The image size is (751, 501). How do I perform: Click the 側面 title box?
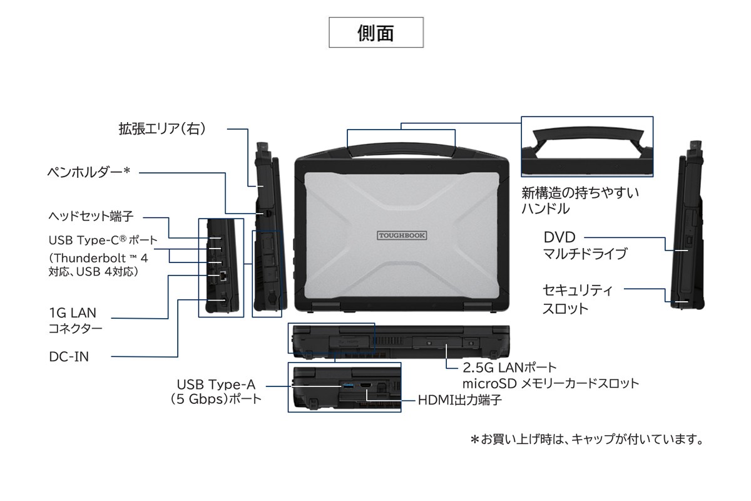pyautogui.click(x=376, y=33)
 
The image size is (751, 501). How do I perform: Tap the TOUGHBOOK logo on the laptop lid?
pyautogui.click(x=402, y=235)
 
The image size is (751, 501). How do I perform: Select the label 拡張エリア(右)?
pyautogui.click(x=162, y=128)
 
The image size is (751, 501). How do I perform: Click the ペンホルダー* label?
pyautogui.click(x=89, y=171)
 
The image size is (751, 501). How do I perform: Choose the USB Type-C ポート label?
pyautogui.click(x=103, y=240)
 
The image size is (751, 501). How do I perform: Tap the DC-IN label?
pyautogui.click(x=69, y=356)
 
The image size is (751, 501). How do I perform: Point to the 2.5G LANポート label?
pyautogui.click(x=509, y=367)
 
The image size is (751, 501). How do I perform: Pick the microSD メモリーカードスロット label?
pyautogui.click(x=550, y=383)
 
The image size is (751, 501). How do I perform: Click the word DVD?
pyautogui.click(x=559, y=237)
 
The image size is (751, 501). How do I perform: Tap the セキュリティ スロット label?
pyautogui.click(x=577, y=299)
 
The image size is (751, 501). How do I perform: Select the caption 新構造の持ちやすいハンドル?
pyautogui.click(x=580, y=200)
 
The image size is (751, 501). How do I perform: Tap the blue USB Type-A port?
pyautogui.click(x=347, y=385)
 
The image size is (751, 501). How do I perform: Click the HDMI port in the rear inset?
pyautogui.click(x=365, y=385)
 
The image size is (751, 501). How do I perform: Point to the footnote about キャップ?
pyautogui.click(x=587, y=439)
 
